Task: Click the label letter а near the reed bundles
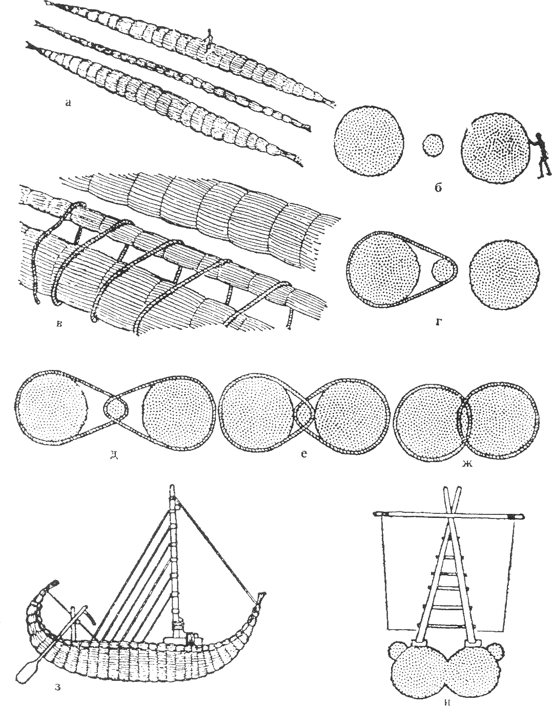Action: click(x=68, y=103)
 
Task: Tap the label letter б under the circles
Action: click(x=438, y=188)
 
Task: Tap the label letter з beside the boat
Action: click(x=58, y=687)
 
